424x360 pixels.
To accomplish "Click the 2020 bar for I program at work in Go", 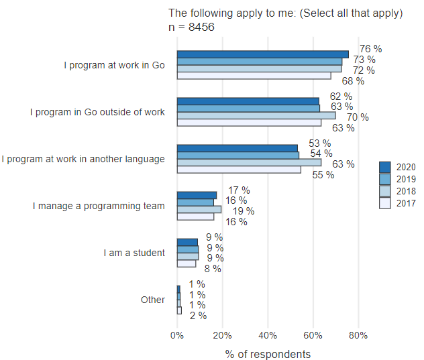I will click(x=262, y=54).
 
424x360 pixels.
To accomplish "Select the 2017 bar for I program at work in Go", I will click(x=254, y=76).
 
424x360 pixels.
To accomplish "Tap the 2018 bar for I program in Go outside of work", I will click(x=256, y=115).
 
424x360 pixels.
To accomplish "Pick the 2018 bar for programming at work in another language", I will click(x=248, y=162).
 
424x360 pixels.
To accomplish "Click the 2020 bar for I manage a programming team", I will click(x=197, y=195).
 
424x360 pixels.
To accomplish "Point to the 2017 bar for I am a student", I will click(x=187, y=263).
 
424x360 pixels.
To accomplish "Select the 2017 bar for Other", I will click(x=179, y=310).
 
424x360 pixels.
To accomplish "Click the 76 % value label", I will click(x=370, y=49).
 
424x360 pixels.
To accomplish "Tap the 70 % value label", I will click(x=358, y=117).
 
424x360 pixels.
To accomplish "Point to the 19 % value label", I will click(x=243, y=211).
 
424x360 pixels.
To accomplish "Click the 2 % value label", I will click(x=198, y=316).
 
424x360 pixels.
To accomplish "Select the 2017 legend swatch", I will click(x=384, y=204).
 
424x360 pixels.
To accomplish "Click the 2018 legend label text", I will click(x=405, y=192).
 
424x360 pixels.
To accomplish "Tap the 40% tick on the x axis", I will click(x=268, y=335).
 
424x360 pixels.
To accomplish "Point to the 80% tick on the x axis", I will click(x=358, y=335).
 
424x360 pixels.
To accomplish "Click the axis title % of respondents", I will click(x=268, y=353).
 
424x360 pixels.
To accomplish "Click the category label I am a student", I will click(x=134, y=253).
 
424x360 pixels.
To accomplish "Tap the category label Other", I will click(x=152, y=300).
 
